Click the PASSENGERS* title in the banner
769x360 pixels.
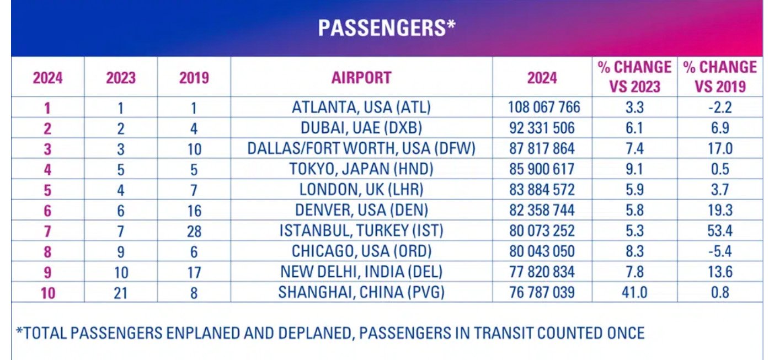pos(387,28)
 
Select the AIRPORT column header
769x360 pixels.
pos(361,78)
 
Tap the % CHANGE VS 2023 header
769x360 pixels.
pos(634,77)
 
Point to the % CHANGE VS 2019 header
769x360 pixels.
pos(720,77)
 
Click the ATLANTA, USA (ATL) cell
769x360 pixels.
pos(361,108)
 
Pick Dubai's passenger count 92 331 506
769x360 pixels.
pos(542,128)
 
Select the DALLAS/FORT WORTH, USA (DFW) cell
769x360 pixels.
pos(361,149)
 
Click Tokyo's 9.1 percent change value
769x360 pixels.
pos(634,169)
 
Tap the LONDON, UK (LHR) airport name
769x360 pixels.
pos(361,190)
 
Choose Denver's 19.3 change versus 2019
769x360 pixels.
pos(720,210)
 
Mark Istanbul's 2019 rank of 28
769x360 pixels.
pos(194,232)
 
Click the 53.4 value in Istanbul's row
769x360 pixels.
pos(720,230)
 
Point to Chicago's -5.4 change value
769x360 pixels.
pos(720,251)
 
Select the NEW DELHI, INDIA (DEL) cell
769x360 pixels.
pos(361,272)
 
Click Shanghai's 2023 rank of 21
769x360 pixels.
pos(120,293)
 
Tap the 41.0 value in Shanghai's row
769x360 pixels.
pos(634,292)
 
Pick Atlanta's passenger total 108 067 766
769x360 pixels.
pos(544,108)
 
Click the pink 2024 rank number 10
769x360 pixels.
pos(48,293)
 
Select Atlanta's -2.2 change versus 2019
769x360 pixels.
pos(720,108)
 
